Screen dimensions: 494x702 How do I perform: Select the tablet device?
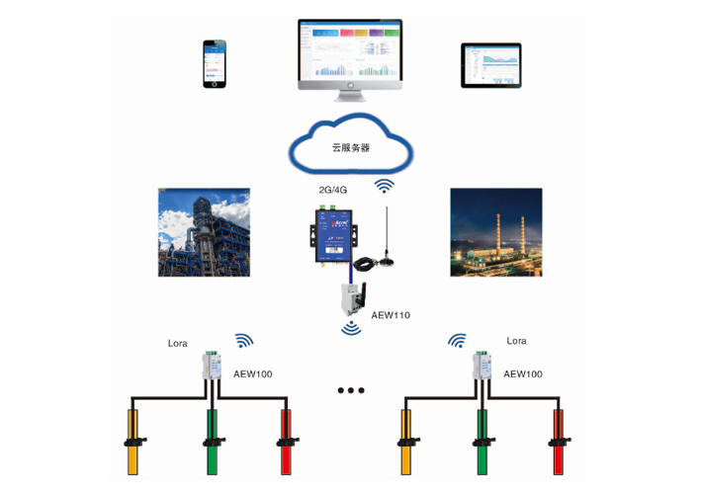point(490,64)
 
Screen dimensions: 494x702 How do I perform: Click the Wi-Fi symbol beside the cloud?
point(384,185)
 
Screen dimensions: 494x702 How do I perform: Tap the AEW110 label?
point(391,315)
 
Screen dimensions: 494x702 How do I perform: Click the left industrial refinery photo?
point(204,232)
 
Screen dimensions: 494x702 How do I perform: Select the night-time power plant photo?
point(495,232)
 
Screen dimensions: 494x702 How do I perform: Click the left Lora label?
point(178,343)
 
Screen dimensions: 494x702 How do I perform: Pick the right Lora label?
point(516,341)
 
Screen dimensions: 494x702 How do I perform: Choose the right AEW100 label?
point(523,374)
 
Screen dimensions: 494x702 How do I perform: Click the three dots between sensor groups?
point(351,390)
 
